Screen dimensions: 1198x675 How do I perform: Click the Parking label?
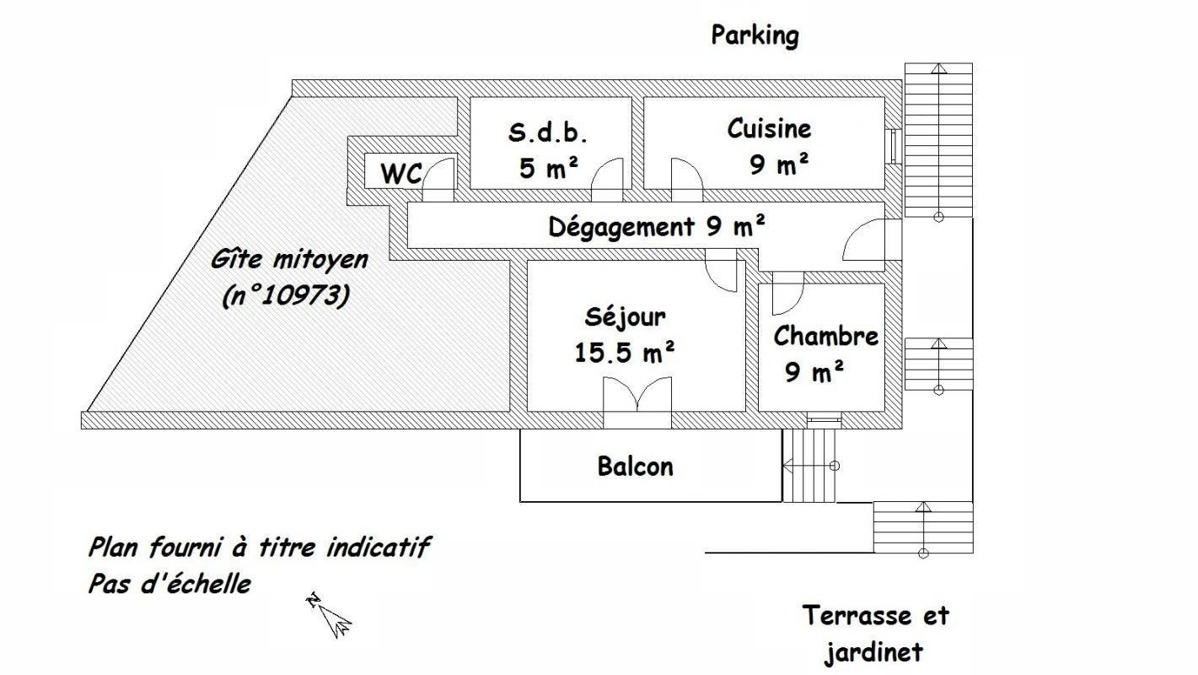pos(755,36)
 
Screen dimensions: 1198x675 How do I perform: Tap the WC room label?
pos(401,174)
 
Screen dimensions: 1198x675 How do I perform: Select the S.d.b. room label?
pos(548,132)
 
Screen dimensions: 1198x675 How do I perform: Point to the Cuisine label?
pos(769,128)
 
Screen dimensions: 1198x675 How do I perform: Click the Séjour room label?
pos(626,317)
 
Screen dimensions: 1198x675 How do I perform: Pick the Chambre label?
pos(825,336)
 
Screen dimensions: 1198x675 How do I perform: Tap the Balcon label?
pos(636,467)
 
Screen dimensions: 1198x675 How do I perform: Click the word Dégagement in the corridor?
pos(621,227)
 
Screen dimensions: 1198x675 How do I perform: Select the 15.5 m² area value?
pos(624,353)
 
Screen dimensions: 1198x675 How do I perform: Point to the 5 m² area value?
pos(549,168)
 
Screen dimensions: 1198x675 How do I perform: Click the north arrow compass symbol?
pos(330,616)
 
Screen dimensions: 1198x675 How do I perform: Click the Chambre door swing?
pos(788,294)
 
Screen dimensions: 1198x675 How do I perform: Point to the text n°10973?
pos(287,295)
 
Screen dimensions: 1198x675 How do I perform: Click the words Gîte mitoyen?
pos(289,260)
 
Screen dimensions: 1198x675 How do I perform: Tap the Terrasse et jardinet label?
pos(875,634)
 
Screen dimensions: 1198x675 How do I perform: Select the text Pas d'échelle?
pos(169,584)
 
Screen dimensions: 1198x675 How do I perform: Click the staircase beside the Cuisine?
pos(938,140)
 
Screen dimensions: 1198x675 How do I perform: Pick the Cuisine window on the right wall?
pos(893,146)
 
